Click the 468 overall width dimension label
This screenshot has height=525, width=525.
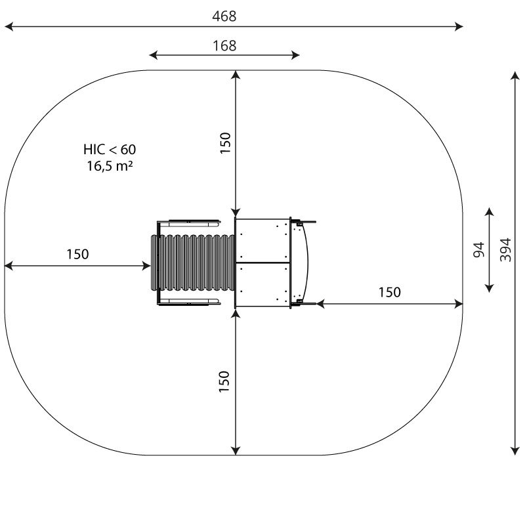(x=224, y=16)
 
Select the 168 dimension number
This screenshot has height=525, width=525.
(x=224, y=45)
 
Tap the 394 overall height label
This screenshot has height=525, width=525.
(x=505, y=250)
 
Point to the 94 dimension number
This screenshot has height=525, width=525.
(x=479, y=250)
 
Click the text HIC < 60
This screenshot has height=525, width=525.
(x=110, y=150)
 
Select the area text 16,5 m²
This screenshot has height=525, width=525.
(x=110, y=166)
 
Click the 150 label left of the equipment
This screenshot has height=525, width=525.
(x=77, y=255)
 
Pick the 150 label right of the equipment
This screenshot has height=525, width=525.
(x=390, y=292)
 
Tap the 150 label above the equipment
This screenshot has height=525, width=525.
(x=225, y=143)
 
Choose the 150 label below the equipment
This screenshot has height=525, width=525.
(x=224, y=382)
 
